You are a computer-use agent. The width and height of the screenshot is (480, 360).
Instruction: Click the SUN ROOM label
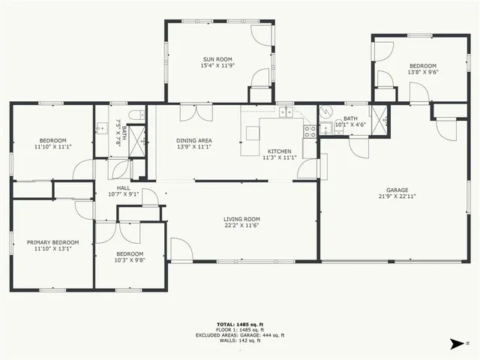point(217,59)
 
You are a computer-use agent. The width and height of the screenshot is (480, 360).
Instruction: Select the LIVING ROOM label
point(241,219)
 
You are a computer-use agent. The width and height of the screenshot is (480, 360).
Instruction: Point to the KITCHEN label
point(280,151)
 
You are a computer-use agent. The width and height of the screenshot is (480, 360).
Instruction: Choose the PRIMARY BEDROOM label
point(52,242)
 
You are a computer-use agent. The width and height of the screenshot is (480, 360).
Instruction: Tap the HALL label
point(124,187)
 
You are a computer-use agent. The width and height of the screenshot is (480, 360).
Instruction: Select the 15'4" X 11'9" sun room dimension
point(217,66)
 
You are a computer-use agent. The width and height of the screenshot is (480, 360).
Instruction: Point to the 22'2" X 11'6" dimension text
point(241,226)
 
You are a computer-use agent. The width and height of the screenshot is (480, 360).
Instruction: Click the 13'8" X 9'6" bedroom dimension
point(422,73)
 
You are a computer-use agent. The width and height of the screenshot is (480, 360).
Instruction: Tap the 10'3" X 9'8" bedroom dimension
point(130,260)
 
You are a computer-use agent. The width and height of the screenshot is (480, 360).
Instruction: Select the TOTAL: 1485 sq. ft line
point(240,324)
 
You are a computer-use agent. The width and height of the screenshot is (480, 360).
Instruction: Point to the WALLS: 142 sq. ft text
point(240,340)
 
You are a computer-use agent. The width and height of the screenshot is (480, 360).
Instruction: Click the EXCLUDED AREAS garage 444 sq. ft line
point(240,335)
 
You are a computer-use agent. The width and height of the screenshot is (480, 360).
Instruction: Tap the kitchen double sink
point(286,113)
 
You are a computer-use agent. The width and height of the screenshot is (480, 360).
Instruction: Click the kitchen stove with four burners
point(309,131)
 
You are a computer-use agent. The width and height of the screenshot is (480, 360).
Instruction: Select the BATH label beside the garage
point(351,118)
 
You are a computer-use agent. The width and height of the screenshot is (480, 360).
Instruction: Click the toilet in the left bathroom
point(136,115)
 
